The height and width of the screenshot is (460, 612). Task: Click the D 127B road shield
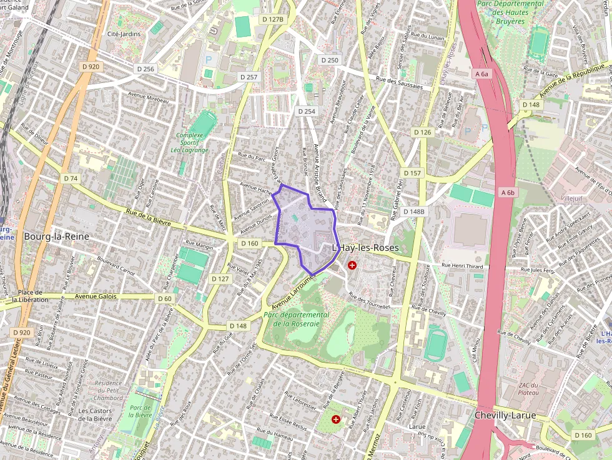(273, 19)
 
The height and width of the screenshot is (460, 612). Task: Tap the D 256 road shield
(144, 69)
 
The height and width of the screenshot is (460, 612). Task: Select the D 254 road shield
(307, 111)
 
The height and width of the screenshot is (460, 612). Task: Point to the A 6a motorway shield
(481, 74)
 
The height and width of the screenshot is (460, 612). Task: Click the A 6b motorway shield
(507, 193)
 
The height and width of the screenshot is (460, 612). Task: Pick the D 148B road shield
(413, 212)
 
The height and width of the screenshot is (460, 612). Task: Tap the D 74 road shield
(71, 179)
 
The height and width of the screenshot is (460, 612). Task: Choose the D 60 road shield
(164, 299)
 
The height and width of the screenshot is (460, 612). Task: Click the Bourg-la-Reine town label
(57, 237)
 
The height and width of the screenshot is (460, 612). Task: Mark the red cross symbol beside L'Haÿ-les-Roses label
(352, 265)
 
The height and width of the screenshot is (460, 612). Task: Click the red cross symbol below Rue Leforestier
(337, 419)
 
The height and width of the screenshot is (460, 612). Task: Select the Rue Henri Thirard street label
(462, 266)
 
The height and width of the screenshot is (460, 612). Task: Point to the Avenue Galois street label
(96, 296)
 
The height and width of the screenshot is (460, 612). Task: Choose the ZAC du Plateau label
(528, 388)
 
